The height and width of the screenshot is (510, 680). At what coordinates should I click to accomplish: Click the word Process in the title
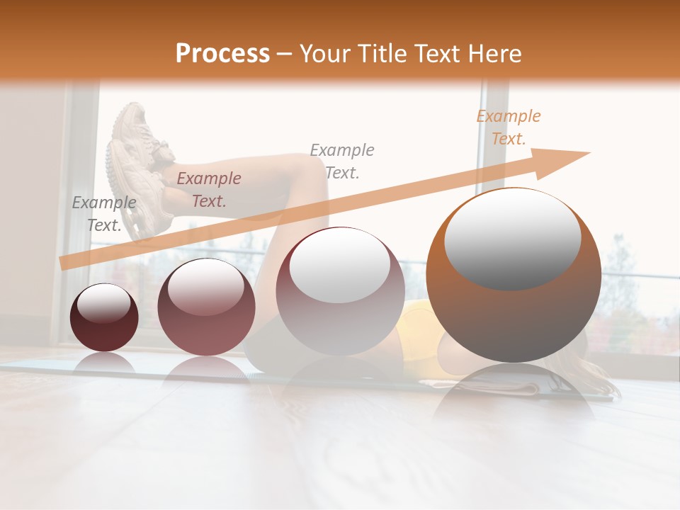coord(222,53)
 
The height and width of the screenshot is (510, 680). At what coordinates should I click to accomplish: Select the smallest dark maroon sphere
coord(104,319)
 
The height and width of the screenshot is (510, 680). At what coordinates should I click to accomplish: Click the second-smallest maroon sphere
coord(206,308)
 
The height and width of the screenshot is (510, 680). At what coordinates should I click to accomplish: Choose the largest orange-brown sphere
coord(514,276)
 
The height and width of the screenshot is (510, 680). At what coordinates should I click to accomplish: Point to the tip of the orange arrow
coord(588,153)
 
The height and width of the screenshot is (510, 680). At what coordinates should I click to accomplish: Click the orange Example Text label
coord(509,127)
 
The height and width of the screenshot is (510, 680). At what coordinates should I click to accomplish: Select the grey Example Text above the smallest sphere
coord(104,214)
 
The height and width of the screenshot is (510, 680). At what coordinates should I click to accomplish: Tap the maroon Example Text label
coord(209,190)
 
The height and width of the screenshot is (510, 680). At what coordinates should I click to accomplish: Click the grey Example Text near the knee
coord(342,161)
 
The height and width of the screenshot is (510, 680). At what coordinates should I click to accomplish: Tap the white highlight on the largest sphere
coord(512,237)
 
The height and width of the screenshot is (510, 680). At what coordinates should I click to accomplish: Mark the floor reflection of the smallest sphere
coord(104,363)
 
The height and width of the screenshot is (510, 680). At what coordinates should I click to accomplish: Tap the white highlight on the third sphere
coord(339,268)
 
